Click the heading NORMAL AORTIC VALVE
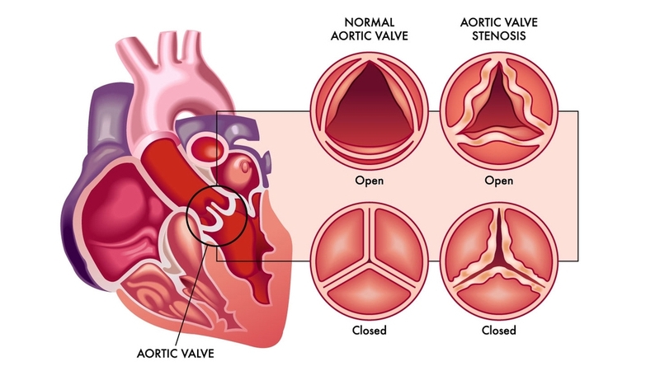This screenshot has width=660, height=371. coord(369,29)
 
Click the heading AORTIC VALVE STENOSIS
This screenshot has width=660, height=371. coord(499,29)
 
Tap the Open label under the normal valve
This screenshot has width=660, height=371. coord(369,181)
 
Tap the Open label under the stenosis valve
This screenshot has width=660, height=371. coord(499,181)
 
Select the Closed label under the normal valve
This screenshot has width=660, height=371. coord(369,331)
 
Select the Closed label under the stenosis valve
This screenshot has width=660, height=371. coord(499,331)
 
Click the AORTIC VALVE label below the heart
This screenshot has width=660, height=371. coord(176,354)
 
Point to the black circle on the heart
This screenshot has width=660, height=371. coord(217,216)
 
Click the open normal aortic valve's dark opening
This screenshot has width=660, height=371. coord(370,106)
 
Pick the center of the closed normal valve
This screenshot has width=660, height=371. coord(370,264)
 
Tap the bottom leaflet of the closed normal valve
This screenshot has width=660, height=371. coord(370,291)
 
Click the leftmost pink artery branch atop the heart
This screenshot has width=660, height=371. coord(130,59)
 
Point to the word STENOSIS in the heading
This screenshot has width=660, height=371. coord(499,35)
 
